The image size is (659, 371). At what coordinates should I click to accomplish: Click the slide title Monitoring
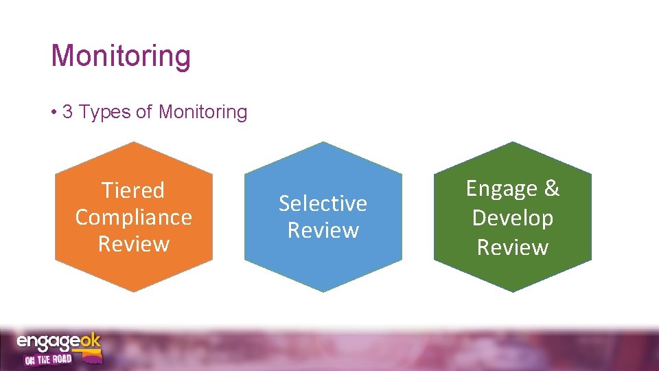pyautogui.click(x=121, y=56)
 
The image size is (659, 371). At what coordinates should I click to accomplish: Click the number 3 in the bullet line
pyautogui.click(x=67, y=112)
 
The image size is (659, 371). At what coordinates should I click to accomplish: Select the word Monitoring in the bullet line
pyautogui.click(x=203, y=112)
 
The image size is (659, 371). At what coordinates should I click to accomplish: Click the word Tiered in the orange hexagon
pyautogui.click(x=133, y=190)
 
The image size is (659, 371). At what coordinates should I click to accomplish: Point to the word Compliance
pyautogui.click(x=133, y=217)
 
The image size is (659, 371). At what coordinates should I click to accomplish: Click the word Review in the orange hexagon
pyautogui.click(x=133, y=244)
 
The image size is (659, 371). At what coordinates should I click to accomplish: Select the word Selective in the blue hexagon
pyautogui.click(x=323, y=203)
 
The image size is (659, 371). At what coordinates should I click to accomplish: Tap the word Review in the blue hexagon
pyautogui.click(x=323, y=230)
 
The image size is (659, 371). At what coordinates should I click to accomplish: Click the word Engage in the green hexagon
pyautogui.click(x=501, y=188)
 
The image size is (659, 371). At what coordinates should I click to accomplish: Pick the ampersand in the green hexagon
pyautogui.click(x=551, y=188)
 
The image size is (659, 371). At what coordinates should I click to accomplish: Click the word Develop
pyautogui.click(x=512, y=218)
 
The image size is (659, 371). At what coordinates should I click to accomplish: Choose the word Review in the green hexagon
pyautogui.click(x=512, y=247)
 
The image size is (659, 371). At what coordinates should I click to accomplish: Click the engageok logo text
pyautogui.click(x=58, y=341)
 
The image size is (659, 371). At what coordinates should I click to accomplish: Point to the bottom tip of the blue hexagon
pyautogui.click(x=323, y=292)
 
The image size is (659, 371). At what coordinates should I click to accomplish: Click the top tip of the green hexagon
pyautogui.click(x=513, y=142)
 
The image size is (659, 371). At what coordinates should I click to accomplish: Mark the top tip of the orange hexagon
pyautogui.click(x=134, y=142)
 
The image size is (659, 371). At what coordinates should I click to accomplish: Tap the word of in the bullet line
pyautogui.click(x=143, y=112)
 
